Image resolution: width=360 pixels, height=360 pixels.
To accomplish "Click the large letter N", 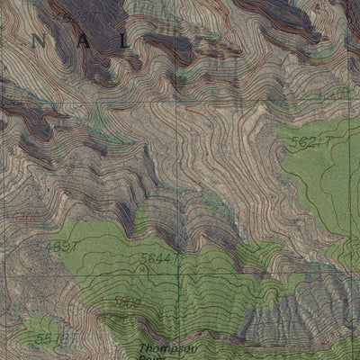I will point(38,40).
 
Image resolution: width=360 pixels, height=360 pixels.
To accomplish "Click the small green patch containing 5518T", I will point(40,335).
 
